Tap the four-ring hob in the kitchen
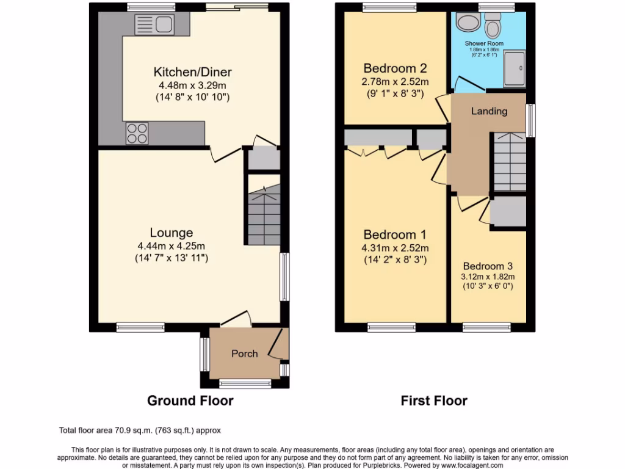137,133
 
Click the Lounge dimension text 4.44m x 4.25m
172,246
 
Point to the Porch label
244,354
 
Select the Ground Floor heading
190,401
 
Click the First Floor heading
434,401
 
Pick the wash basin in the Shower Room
468,24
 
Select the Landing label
489,111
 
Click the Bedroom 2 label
395,68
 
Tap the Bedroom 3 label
487,266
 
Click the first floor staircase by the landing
509,162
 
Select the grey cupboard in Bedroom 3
508,211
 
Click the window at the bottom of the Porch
245,384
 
